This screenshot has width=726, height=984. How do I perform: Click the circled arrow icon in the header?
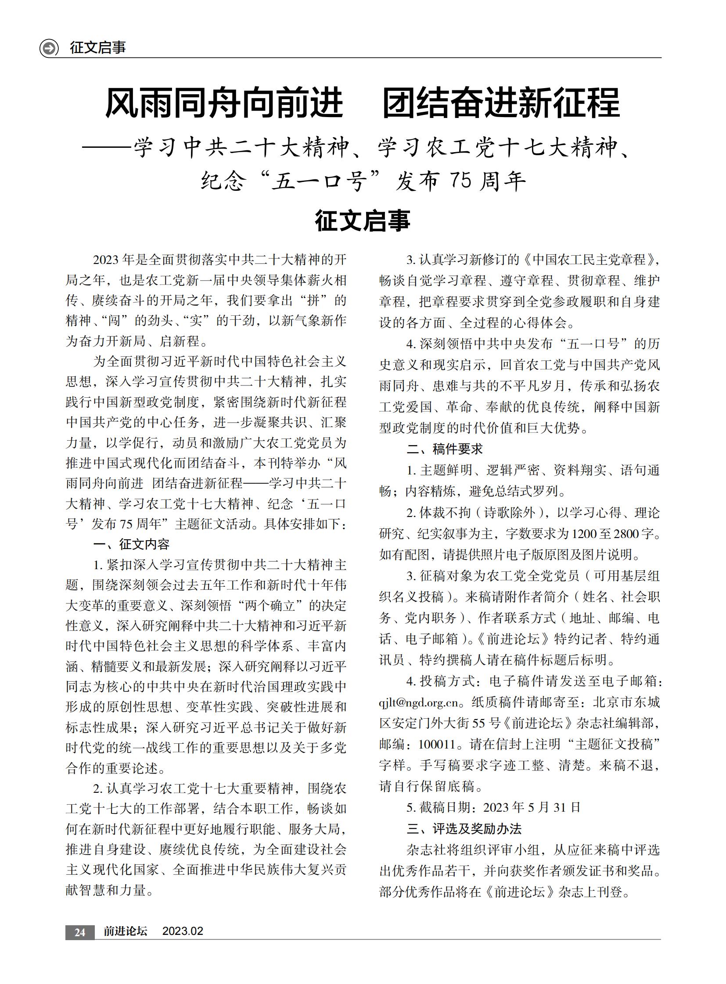(x=49, y=48)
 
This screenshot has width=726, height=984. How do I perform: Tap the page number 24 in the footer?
(x=79, y=932)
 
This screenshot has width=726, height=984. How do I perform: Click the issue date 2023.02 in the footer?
(x=183, y=931)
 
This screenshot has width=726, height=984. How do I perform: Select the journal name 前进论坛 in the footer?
(x=125, y=931)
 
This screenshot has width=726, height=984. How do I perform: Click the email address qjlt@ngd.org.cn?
(x=418, y=702)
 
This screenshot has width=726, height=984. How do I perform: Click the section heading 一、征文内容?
(x=131, y=545)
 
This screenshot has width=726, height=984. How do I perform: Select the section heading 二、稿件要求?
(x=445, y=449)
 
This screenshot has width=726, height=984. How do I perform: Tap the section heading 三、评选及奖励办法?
(x=464, y=829)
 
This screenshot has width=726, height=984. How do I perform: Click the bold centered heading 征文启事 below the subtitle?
(x=363, y=221)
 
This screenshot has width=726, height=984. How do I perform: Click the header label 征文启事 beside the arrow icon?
(x=97, y=47)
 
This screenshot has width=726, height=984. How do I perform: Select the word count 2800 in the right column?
(x=626, y=534)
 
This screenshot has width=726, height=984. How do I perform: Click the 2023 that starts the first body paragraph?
(x=106, y=260)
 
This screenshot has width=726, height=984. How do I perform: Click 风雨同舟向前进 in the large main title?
(x=224, y=103)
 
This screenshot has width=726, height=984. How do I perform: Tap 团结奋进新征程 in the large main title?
(x=501, y=103)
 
